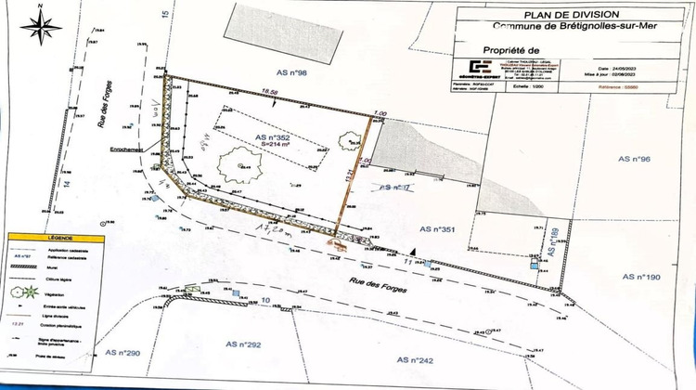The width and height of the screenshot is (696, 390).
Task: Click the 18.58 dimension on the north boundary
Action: [270, 91]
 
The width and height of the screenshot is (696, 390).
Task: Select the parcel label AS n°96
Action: [637, 159]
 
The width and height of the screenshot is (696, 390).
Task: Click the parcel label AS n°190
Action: [639, 277]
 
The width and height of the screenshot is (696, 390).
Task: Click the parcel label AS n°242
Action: [415, 359]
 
